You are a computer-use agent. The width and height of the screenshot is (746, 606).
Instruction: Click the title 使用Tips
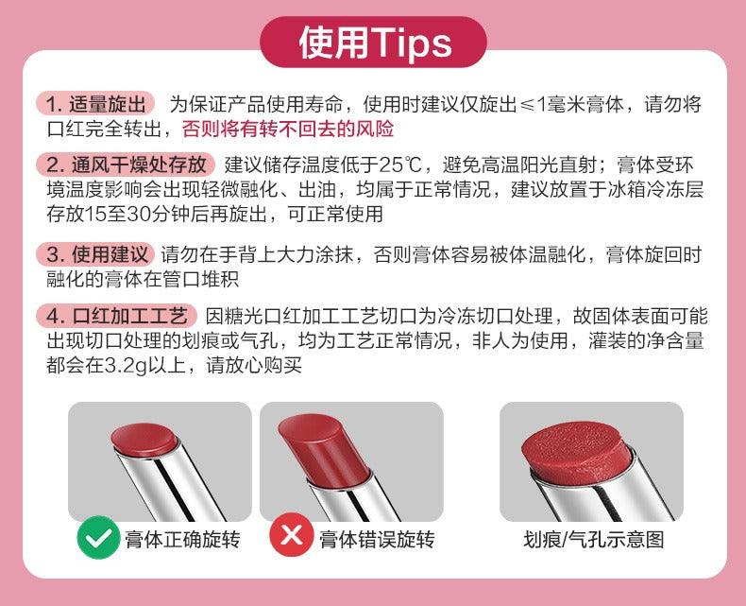tap(373, 43)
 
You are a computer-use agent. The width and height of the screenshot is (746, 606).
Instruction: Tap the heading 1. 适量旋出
tap(96, 104)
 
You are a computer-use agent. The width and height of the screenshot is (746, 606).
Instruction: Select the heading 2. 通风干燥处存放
tap(127, 164)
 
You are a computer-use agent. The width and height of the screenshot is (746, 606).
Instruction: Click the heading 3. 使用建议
tap(96, 254)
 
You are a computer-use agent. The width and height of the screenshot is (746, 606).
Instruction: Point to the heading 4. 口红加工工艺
tap(116, 315)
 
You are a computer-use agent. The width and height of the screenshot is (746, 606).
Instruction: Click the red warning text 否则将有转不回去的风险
tap(287, 129)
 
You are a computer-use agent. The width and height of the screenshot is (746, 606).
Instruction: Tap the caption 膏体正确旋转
tap(182, 540)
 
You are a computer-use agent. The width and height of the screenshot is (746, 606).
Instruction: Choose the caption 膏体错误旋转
tap(376, 540)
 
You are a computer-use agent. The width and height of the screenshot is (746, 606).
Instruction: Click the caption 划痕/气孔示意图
tap(594, 540)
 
